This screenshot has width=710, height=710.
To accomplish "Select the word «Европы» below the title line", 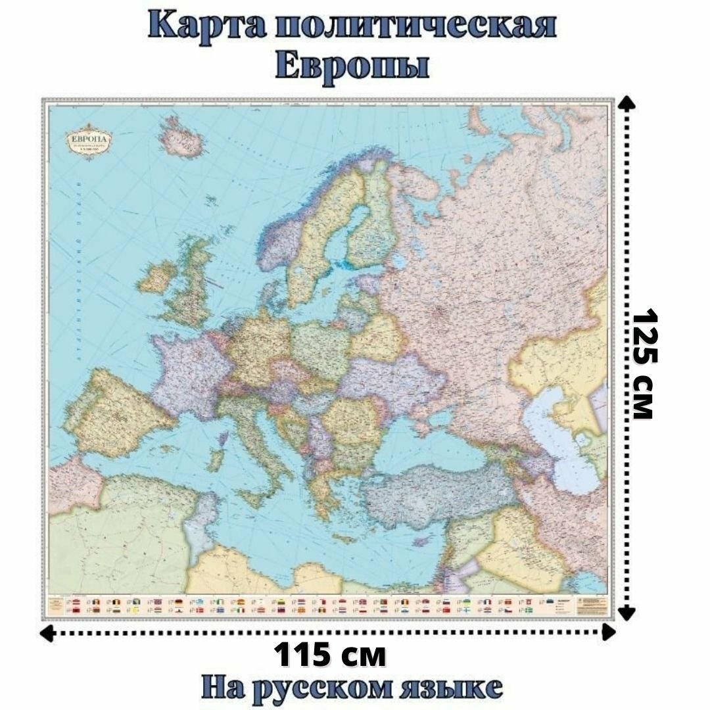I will tap(353, 66).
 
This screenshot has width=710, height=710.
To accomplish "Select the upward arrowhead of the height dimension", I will tap(628, 103).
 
